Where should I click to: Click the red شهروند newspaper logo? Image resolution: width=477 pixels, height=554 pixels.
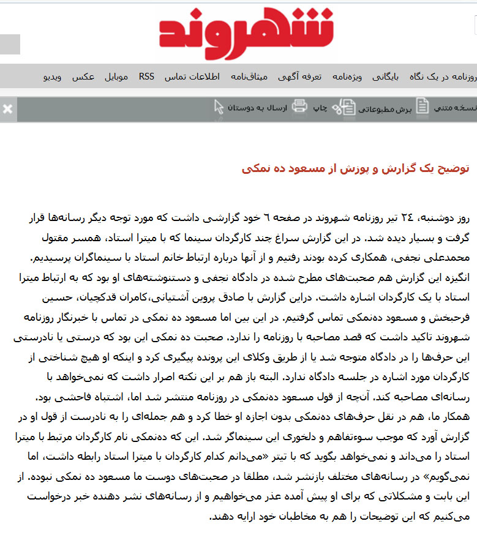click(x=247, y=33)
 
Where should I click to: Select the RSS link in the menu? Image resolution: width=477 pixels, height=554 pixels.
click(x=146, y=77)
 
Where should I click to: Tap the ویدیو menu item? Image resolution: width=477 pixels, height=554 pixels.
click(x=53, y=77)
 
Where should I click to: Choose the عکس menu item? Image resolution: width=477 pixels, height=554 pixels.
click(x=83, y=77)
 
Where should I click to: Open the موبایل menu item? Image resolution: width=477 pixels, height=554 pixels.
click(x=116, y=77)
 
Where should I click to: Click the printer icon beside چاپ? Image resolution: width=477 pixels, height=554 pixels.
click(x=299, y=107)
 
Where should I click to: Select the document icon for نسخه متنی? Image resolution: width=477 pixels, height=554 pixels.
click(x=423, y=107)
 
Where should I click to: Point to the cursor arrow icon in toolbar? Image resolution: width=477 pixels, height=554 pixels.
click(x=219, y=107)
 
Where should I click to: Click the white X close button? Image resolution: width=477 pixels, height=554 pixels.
click(x=7, y=109)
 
